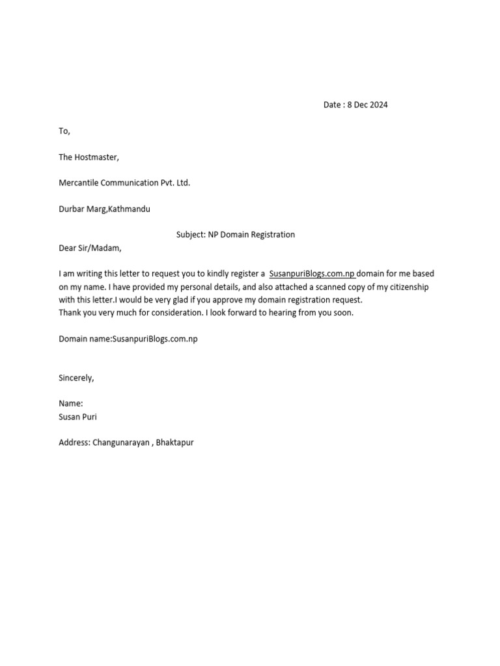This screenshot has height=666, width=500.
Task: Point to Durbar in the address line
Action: click(72, 209)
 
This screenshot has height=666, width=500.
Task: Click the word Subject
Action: click(190, 235)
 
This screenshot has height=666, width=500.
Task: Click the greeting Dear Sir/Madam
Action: click(90, 248)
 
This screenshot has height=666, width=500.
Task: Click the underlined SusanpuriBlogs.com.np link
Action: click(312, 274)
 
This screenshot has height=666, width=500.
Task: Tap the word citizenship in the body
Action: click(407, 287)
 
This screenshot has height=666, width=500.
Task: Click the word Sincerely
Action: click(76, 378)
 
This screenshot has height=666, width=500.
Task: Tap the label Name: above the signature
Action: click(71, 404)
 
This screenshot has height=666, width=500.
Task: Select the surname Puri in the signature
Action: click(88, 417)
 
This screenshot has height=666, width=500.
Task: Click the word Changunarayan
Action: click(121, 443)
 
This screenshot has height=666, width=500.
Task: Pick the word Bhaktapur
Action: click(175, 443)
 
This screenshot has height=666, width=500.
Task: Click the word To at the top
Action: click(63, 131)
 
